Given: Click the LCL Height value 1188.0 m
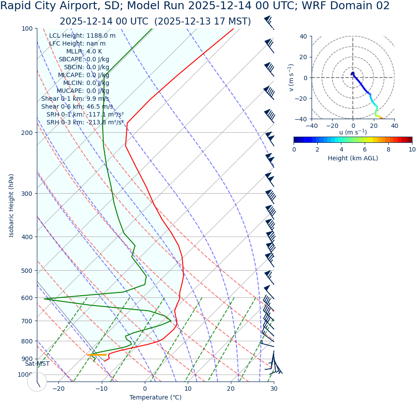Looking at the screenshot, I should coord(101,35).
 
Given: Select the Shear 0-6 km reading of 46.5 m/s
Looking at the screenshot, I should coord(100,106).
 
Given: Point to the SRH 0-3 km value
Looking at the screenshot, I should coord(105,122).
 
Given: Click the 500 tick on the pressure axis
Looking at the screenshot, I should coord(27,271).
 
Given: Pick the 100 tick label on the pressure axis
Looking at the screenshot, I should coord(27,28).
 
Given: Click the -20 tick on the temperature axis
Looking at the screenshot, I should coord(58,389).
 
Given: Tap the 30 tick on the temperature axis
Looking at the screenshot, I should coord(274,389).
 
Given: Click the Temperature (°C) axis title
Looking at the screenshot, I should coord(155,397).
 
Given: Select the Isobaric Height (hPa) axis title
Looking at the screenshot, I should coord(11,205).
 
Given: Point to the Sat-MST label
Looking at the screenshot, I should coord(37,364).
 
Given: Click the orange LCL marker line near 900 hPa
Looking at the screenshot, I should coord(97,355).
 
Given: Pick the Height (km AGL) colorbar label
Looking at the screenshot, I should coord(353,158).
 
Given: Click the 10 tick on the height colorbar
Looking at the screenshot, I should coord(412,149).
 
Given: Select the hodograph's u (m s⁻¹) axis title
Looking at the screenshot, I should coord(353,132).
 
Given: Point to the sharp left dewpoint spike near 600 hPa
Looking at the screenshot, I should coord(45,299).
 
